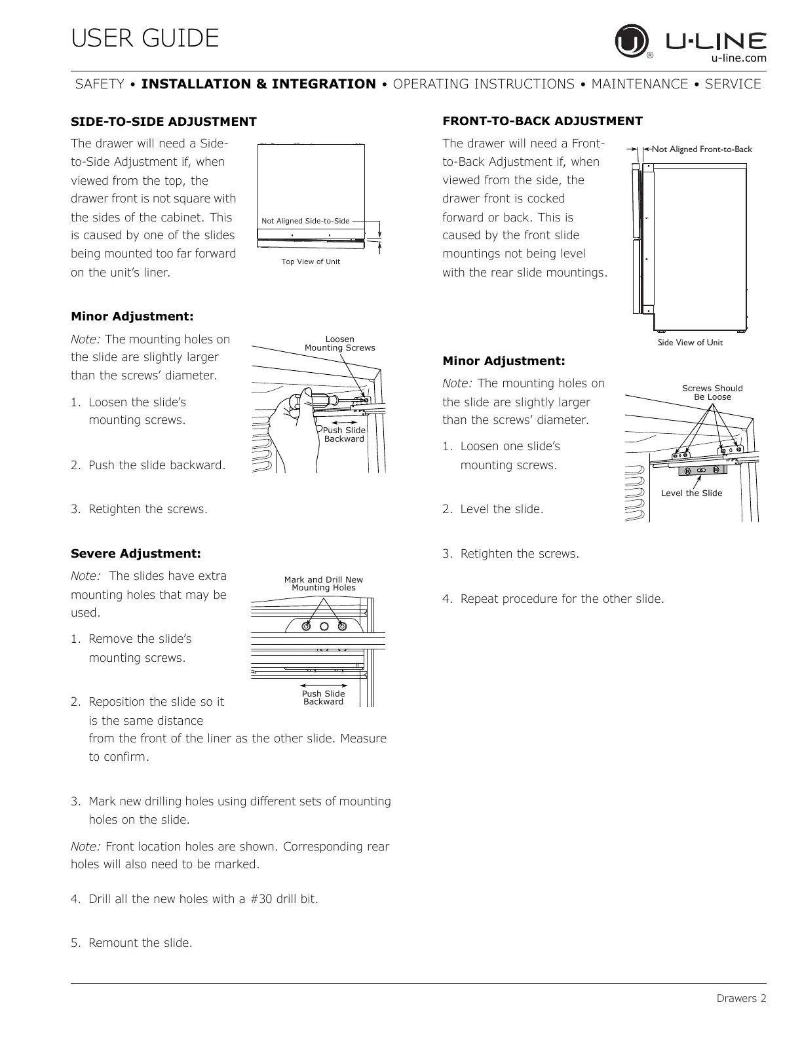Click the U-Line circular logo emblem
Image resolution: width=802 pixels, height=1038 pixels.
click(631, 42)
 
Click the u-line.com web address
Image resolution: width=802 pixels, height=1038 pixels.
click(738, 58)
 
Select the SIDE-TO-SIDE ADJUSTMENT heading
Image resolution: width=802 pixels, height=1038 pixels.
click(163, 122)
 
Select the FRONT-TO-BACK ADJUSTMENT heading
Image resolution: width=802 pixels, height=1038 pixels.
click(543, 121)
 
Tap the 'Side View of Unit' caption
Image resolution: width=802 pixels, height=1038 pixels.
click(690, 343)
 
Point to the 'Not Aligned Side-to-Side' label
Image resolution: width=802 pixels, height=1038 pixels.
click(305, 221)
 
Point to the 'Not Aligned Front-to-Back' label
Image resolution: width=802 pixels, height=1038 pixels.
click(702, 149)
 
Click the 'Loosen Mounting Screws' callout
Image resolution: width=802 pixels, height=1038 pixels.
click(339, 343)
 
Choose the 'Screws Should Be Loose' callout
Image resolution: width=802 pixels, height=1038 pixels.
click(712, 393)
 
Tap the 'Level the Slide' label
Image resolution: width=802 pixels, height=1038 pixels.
click(691, 493)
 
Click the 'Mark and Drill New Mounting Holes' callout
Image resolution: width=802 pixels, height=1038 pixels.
click(323, 583)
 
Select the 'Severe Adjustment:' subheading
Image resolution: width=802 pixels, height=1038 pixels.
click(136, 554)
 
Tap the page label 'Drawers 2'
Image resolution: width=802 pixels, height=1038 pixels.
click(740, 999)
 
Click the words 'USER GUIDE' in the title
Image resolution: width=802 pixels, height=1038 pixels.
click(145, 39)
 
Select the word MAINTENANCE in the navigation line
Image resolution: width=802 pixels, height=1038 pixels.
click(640, 85)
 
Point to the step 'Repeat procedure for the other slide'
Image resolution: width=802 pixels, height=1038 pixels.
click(562, 599)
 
